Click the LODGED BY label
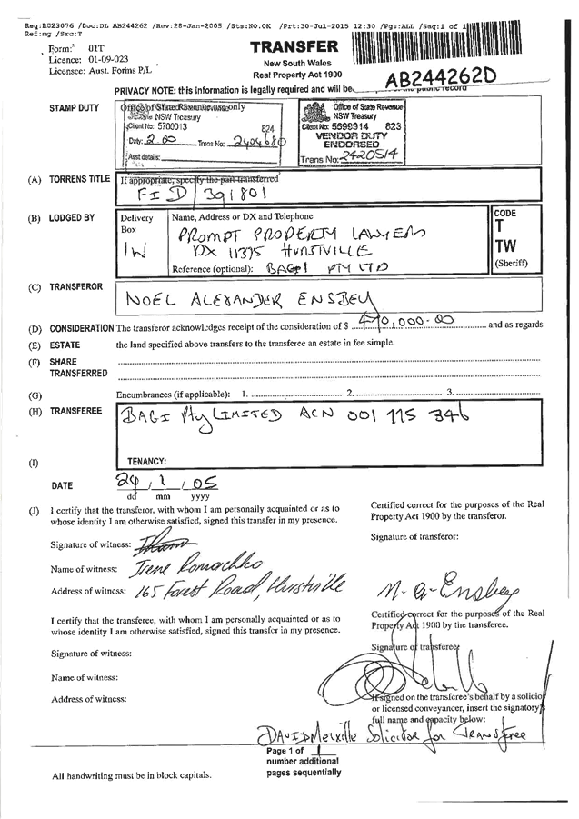click(74, 219)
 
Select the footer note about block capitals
click(132, 775)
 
